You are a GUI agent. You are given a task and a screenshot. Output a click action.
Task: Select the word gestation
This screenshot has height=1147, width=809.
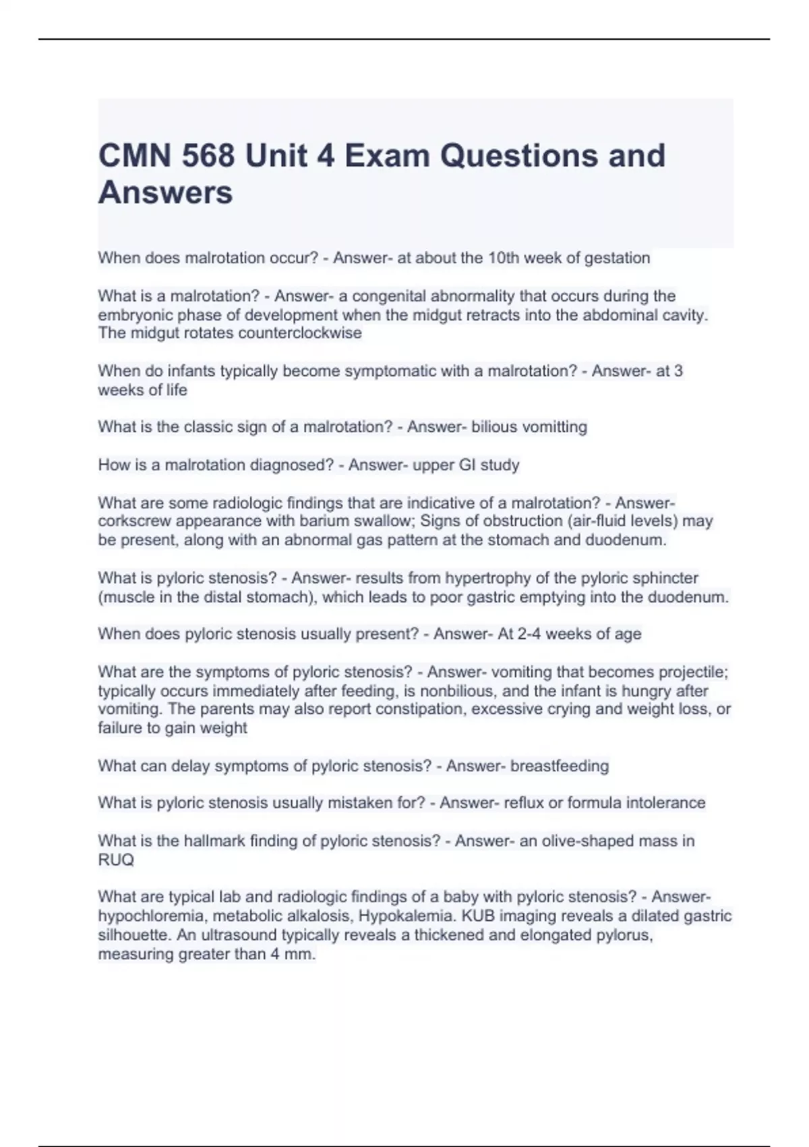coord(617,258)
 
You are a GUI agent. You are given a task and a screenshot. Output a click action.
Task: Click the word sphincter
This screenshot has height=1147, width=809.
coord(665,578)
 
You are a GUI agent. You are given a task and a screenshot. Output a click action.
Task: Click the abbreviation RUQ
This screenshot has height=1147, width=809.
coord(116,860)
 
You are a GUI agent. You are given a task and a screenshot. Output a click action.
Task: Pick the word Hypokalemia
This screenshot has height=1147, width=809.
coord(407,916)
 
